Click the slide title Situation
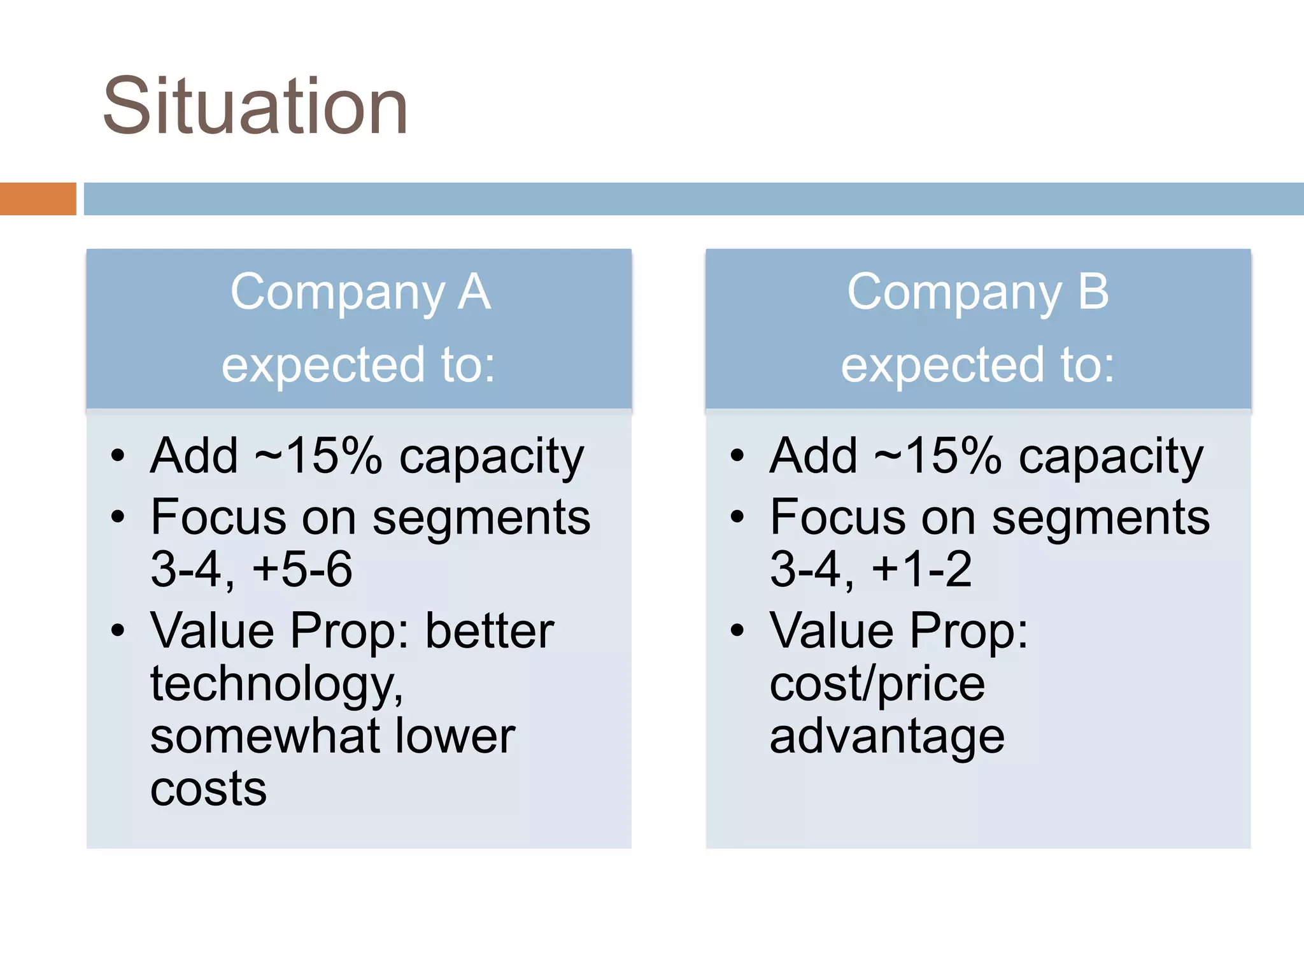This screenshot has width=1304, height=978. tap(255, 106)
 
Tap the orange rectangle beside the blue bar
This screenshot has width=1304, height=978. tap(38, 199)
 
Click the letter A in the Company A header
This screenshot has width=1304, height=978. tap(474, 292)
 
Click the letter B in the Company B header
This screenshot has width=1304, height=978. tap(1093, 292)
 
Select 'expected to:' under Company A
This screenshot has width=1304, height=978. tap(358, 364)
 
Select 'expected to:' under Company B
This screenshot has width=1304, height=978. tap(978, 364)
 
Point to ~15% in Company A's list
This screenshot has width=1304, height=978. tap(318, 456)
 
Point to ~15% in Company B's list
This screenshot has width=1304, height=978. tap(937, 456)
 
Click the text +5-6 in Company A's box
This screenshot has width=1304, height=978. tap(302, 569)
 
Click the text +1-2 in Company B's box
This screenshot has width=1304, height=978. tap(921, 569)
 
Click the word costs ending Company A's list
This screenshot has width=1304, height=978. tap(208, 790)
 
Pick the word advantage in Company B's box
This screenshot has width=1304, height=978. tap(887, 737)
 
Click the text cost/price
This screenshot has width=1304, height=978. tap(877, 684)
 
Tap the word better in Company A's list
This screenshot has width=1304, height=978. tap(490, 630)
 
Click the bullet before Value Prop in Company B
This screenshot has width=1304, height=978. tap(737, 630)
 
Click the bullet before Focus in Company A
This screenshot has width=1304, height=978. tap(118, 517)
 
